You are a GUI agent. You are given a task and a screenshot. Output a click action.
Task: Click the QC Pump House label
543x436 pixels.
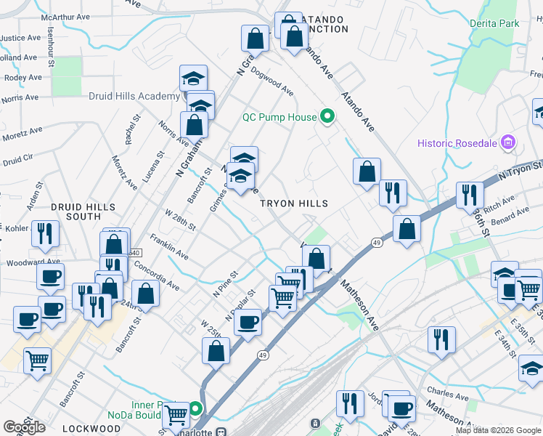pyautogui.click(x=279, y=117)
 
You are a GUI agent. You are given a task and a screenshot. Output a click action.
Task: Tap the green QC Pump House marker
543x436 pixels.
pyautogui.click(x=327, y=116)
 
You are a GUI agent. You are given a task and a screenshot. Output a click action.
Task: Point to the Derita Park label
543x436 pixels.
pyautogui.click(x=494, y=23)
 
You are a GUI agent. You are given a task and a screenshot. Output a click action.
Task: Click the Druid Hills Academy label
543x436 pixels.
pyautogui.click(x=134, y=96)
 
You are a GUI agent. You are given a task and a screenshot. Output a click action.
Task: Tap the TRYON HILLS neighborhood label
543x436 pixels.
pyautogui.click(x=295, y=204)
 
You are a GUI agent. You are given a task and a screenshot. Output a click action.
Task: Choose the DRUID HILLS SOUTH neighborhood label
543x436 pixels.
pyautogui.click(x=83, y=211)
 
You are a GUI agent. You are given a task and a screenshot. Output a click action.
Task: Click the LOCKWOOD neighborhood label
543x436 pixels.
pyautogui.click(x=91, y=429)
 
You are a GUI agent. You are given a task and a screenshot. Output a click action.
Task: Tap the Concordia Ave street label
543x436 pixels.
pyautogui.click(x=157, y=276)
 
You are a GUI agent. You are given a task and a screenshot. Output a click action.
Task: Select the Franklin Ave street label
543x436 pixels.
pyautogui.click(x=169, y=247)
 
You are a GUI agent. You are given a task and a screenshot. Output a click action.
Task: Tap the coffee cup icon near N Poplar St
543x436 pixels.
pyautogui.click(x=248, y=322)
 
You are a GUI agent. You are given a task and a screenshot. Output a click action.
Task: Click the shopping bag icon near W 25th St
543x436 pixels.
pyautogui.click(x=216, y=351)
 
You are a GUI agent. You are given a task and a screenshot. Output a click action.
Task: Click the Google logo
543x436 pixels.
pyautogui.click(x=24, y=427)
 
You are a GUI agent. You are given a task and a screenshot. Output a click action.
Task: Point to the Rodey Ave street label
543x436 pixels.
pyautogui.click(x=23, y=77)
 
